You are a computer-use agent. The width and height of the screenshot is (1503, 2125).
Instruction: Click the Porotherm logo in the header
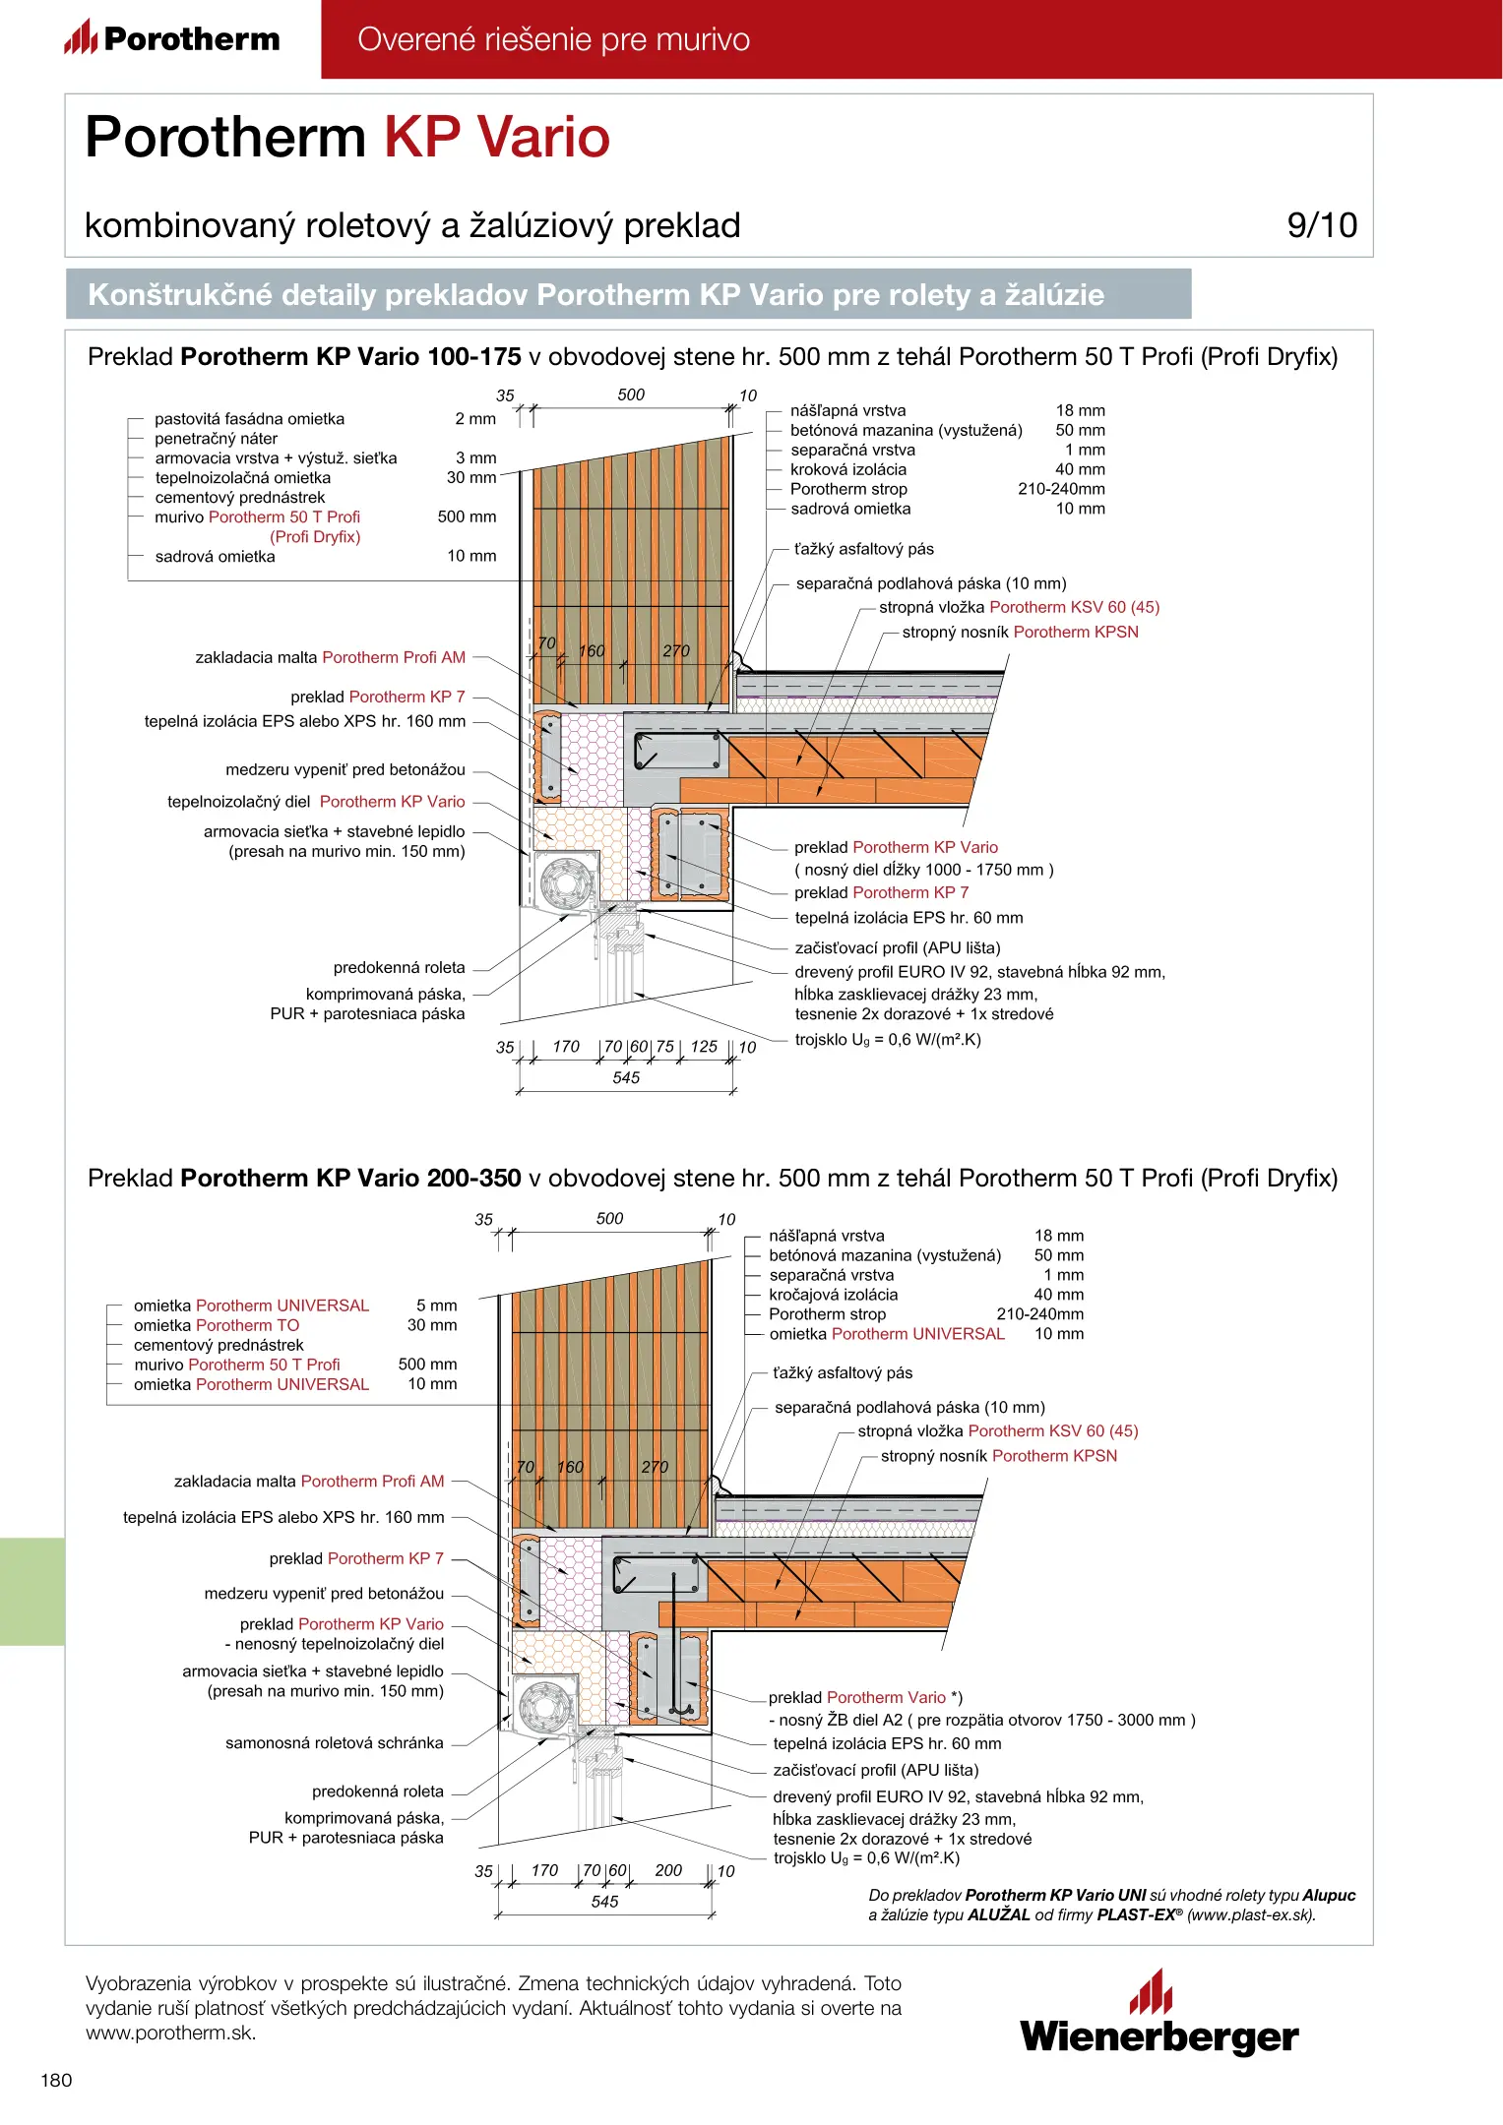click(x=172, y=38)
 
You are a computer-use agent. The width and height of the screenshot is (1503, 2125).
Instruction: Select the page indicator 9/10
click(x=1321, y=225)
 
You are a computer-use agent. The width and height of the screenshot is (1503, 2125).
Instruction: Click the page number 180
click(x=56, y=2080)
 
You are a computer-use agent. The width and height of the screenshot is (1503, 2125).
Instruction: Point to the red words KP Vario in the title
click(x=496, y=137)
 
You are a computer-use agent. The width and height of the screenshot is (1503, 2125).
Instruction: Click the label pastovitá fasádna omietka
click(x=249, y=419)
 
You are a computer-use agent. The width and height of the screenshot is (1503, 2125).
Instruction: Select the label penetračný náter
click(x=216, y=439)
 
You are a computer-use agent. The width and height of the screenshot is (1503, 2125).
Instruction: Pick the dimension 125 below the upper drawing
click(x=704, y=1047)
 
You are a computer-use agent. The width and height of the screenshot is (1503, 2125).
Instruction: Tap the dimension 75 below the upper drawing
click(x=665, y=1047)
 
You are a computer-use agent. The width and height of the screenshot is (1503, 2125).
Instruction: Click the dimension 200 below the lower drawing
click(x=668, y=1870)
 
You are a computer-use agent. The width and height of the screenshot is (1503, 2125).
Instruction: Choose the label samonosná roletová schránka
click(x=334, y=1743)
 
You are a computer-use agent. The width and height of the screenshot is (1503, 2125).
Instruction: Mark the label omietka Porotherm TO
click(x=217, y=1325)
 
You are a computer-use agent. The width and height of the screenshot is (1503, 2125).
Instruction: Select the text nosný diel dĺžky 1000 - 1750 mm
click(x=923, y=870)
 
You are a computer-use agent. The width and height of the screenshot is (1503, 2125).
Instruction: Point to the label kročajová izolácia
click(x=833, y=1295)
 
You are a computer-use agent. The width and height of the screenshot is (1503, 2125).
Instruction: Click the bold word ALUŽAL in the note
click(x=998, y=1914)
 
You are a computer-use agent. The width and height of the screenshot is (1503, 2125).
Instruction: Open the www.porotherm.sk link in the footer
click(x=170, y=2034)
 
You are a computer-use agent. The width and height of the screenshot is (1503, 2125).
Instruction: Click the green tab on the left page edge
click(x=32, y=1591)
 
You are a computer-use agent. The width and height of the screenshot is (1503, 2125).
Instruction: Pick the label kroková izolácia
click(x=847, y=469)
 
